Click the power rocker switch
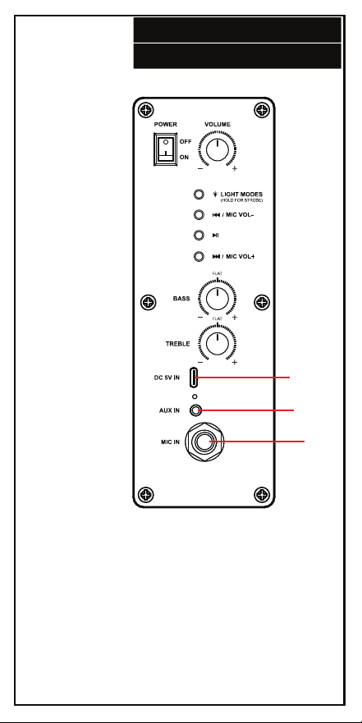(x=166, y=149)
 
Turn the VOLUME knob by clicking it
(x=217, y=150)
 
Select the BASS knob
(x=217, y=299)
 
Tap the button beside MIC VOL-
(x=199, y=215)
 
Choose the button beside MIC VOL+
(x=199, y=256)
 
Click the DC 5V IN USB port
(x=195, y=378)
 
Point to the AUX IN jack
(x=198, y=410)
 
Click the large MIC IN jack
(x=204, y=442)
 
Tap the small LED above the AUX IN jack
(x=195, y=396)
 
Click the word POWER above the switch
(x=166, y=125)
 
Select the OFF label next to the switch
(x=186, y=142)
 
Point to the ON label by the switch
(x=184, y=158)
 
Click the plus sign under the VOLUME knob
(x=235, y=169)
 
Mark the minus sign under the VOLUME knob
(x=200, y=169)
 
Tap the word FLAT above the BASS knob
(x=218, y=274)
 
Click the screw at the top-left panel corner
(x=146, y=110)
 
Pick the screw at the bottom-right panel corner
(x=261, y=495)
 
